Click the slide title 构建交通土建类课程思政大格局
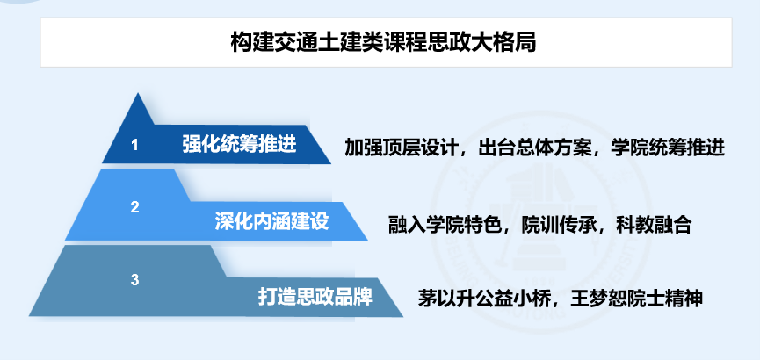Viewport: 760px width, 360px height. click(x=383, y=43)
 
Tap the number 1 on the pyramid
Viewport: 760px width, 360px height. click(x=134, y=145)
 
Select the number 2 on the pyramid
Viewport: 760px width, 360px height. click(x=134, y=207)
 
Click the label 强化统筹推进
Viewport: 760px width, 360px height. click(x=240, y=144)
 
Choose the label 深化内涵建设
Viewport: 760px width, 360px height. click(x=271, y=221)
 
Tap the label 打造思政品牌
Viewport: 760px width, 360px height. click(x=315, y=297)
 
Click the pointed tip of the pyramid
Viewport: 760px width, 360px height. click(x=139, y=94)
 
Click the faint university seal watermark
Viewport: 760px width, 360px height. click(x=540, y=220)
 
